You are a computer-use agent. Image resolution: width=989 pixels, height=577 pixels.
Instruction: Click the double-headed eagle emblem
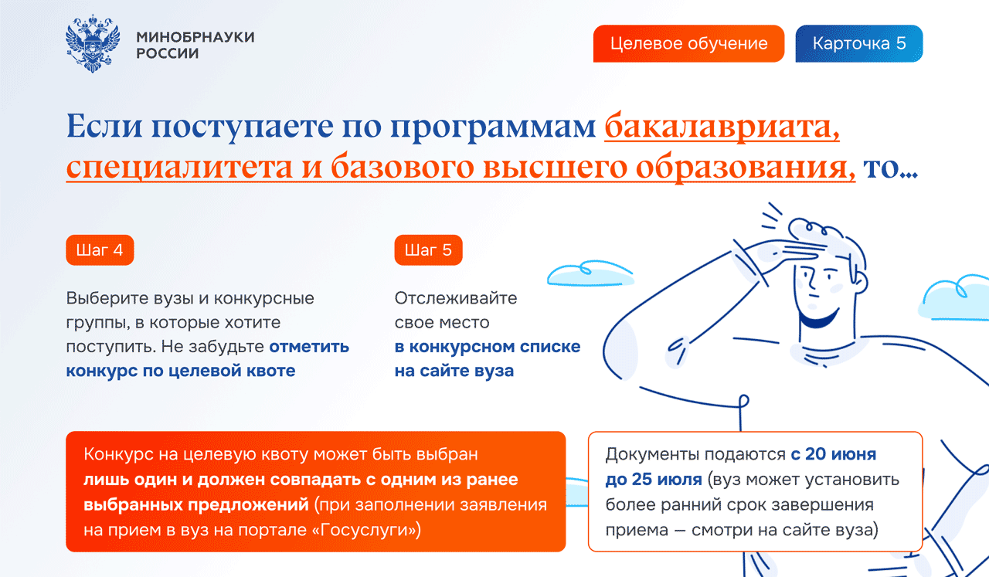(93, 43)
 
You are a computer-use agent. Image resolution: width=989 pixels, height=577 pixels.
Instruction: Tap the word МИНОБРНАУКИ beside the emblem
(195, 36)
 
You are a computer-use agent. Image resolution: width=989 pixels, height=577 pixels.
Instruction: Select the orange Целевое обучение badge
(688, 44)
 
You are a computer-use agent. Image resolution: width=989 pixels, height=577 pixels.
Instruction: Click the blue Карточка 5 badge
(858, 44)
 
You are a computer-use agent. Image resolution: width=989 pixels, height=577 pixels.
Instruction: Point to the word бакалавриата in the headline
(722, 127)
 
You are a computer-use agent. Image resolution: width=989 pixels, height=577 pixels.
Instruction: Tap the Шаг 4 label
(100, 249)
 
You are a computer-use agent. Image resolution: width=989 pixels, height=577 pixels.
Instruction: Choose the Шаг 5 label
(428, 249)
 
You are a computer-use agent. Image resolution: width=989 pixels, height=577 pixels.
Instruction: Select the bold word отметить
(309, 347)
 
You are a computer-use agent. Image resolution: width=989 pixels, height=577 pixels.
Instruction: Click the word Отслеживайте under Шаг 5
(456, 298)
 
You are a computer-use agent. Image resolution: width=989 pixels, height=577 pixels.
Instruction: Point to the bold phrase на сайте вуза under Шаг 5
(454, 371)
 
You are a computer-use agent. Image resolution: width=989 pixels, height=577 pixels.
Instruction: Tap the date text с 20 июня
(833, 454)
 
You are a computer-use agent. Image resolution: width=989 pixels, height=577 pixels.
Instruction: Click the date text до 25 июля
(654, 479)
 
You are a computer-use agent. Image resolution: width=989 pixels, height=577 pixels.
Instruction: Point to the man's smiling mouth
(820, 318)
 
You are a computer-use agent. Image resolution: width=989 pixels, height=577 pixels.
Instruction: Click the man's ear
(860, 282)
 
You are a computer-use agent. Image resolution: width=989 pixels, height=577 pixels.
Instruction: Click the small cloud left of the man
(590, 273)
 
